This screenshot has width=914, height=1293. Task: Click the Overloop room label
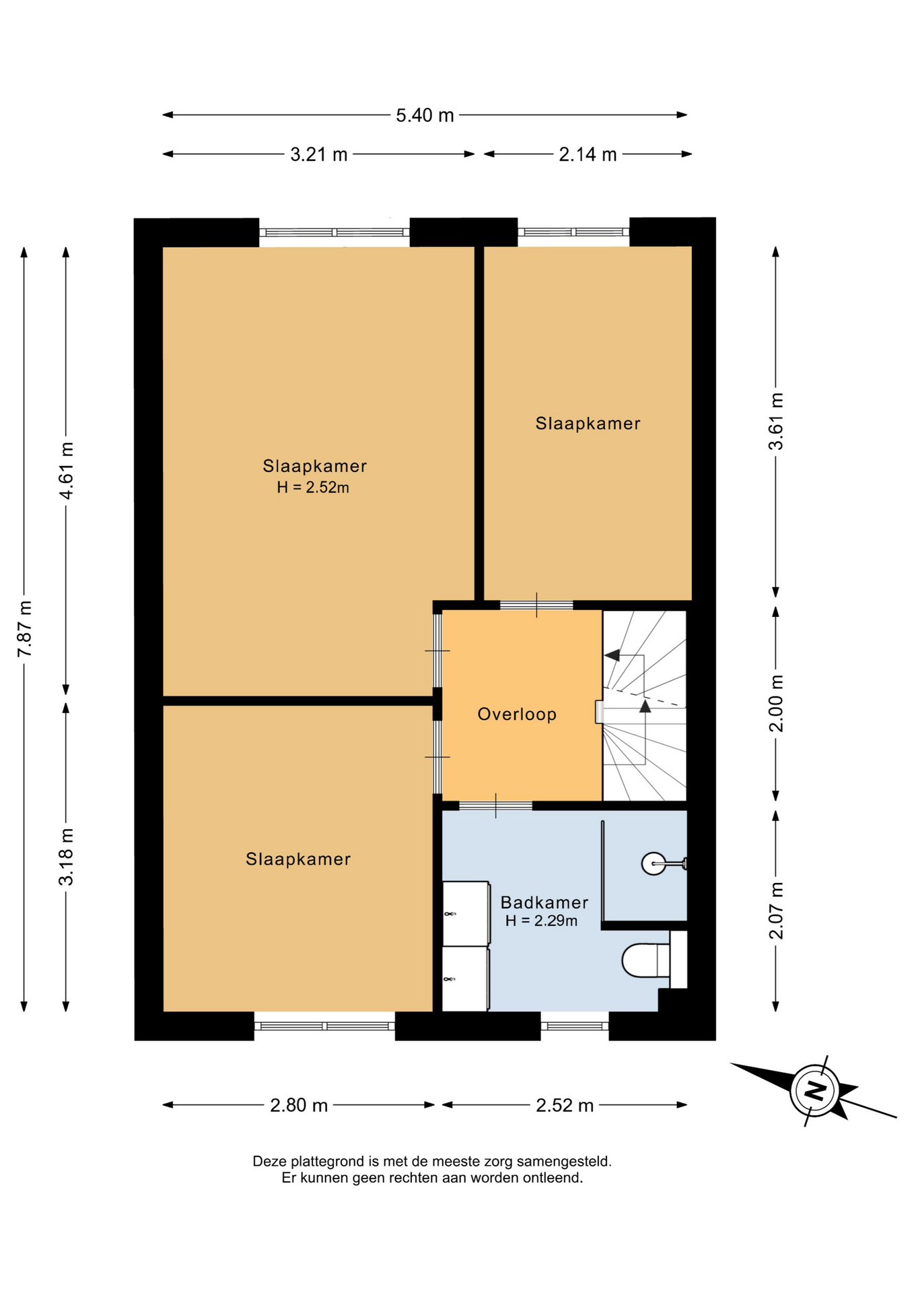pyautogui.click(x=517, y=714)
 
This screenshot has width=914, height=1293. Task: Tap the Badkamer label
pyautogui.click(x=544, y=902)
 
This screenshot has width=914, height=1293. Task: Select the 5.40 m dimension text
pyautogui.click(x=425, y=115)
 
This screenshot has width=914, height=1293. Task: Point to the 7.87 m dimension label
pyautogui.click(x=25, y=628)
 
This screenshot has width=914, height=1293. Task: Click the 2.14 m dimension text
pyautogui.click(x=588, y=154)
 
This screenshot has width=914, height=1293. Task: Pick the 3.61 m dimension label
pyautogui.click(x=776, y=422)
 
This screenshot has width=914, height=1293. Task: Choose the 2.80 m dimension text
pyautogui.click(x=299, y=1105)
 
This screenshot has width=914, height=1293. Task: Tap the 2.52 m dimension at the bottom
pyautogui.click(x=565, y=1105)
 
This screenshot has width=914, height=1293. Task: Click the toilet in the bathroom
pyautogui.click(x=646, y=960)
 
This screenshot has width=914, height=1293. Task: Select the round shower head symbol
pyautogui.click(x=654, y=863)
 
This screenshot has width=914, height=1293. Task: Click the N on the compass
pyautogui.click(x=815, y=1090)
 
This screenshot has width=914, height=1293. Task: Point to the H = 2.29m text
pyautogui.click(x=542, y=921)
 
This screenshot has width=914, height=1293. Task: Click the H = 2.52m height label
pyautogui.click(x=313, y=488)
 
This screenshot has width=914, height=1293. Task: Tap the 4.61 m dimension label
pyautogui.click(x=67, y=471)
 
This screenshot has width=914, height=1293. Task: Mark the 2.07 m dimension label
pyautogui.click(x=776, y=910)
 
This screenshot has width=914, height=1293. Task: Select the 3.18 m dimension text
pyautogui.click(x=67, y=857)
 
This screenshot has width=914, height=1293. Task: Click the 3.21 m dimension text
pyautogui.click(x=318, y=155)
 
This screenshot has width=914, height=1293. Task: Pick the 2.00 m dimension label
pyautogui.click(x=776, y=704)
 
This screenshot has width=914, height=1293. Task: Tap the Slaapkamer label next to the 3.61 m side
pyautogui.click(x=588, y=424)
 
